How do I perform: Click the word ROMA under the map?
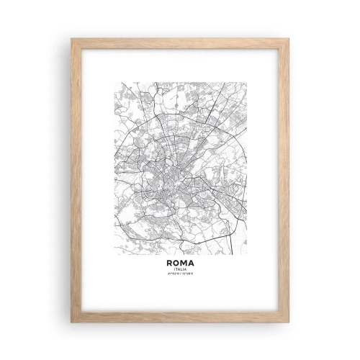(180, 264)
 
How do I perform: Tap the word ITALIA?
(180, 271)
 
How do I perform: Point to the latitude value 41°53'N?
(173, 276)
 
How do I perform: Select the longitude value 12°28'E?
(187, 276)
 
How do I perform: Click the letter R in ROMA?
(168, 264)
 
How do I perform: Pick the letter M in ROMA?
(184, 264)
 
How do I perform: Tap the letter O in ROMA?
(176, 264)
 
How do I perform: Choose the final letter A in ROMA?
(192, 264)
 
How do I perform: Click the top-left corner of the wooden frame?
(71, 39)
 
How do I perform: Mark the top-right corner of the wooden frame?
(289, 39)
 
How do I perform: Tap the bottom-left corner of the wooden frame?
(71, 322)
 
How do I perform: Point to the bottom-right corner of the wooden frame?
(289, 322)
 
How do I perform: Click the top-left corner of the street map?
(114, 83)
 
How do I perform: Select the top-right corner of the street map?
(246, 83)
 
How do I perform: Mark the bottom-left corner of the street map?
(114, 254)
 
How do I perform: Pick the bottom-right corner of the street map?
(246, 254)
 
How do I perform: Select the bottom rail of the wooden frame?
(180, 317)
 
